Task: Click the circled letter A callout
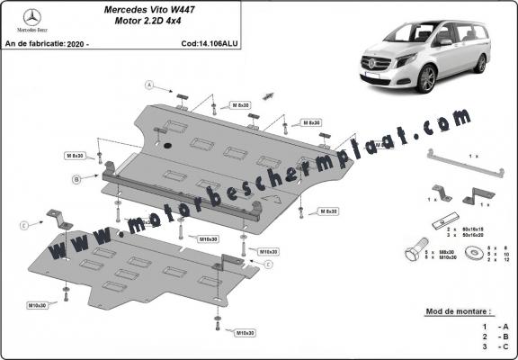[151, 85]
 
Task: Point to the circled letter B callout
[77, 180]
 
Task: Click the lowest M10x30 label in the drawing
[244, 333]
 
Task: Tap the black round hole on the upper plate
[164, 145]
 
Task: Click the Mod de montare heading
[462, 310]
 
